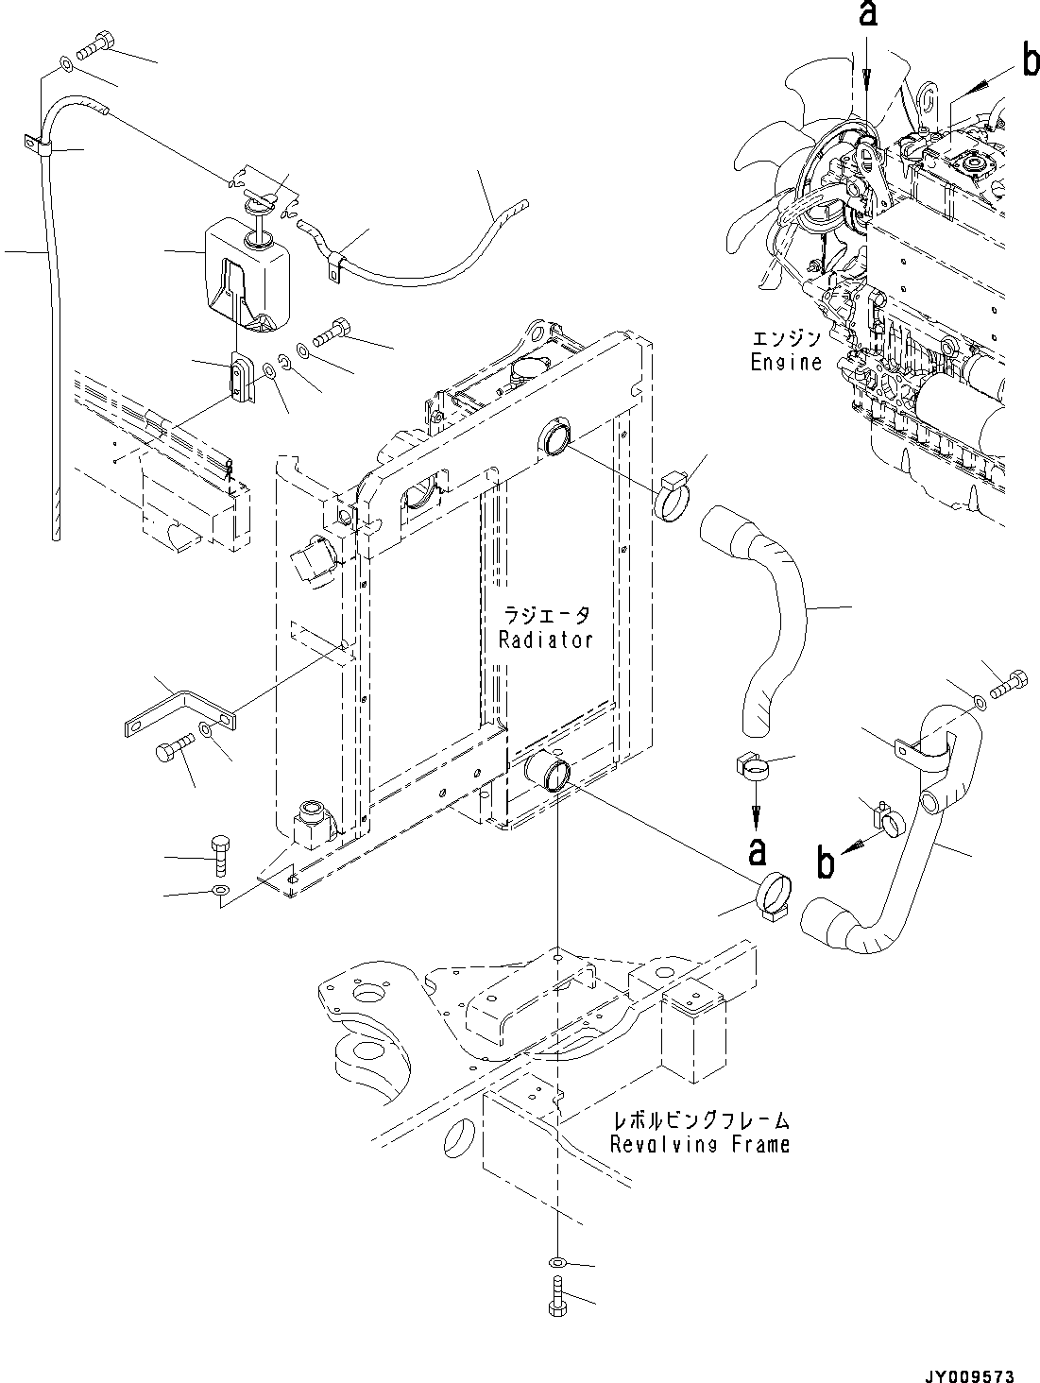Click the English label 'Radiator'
(x=545, y=640)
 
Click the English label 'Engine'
(x=786, y=362)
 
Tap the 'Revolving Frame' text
(x=699, y=1145)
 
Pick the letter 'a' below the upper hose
(x=757, y=851)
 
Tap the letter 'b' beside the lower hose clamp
(x=827, y=862)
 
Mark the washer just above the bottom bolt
(x=557, y=1263)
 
